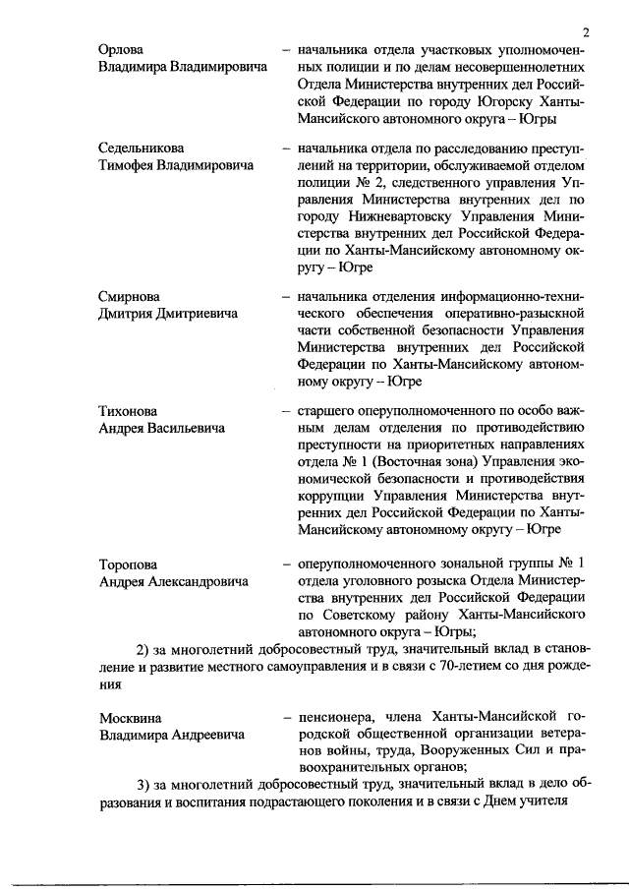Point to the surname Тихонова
[x=128, y=411]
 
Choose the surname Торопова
[x=130, y=564]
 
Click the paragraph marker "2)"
[x=143, y=650]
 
